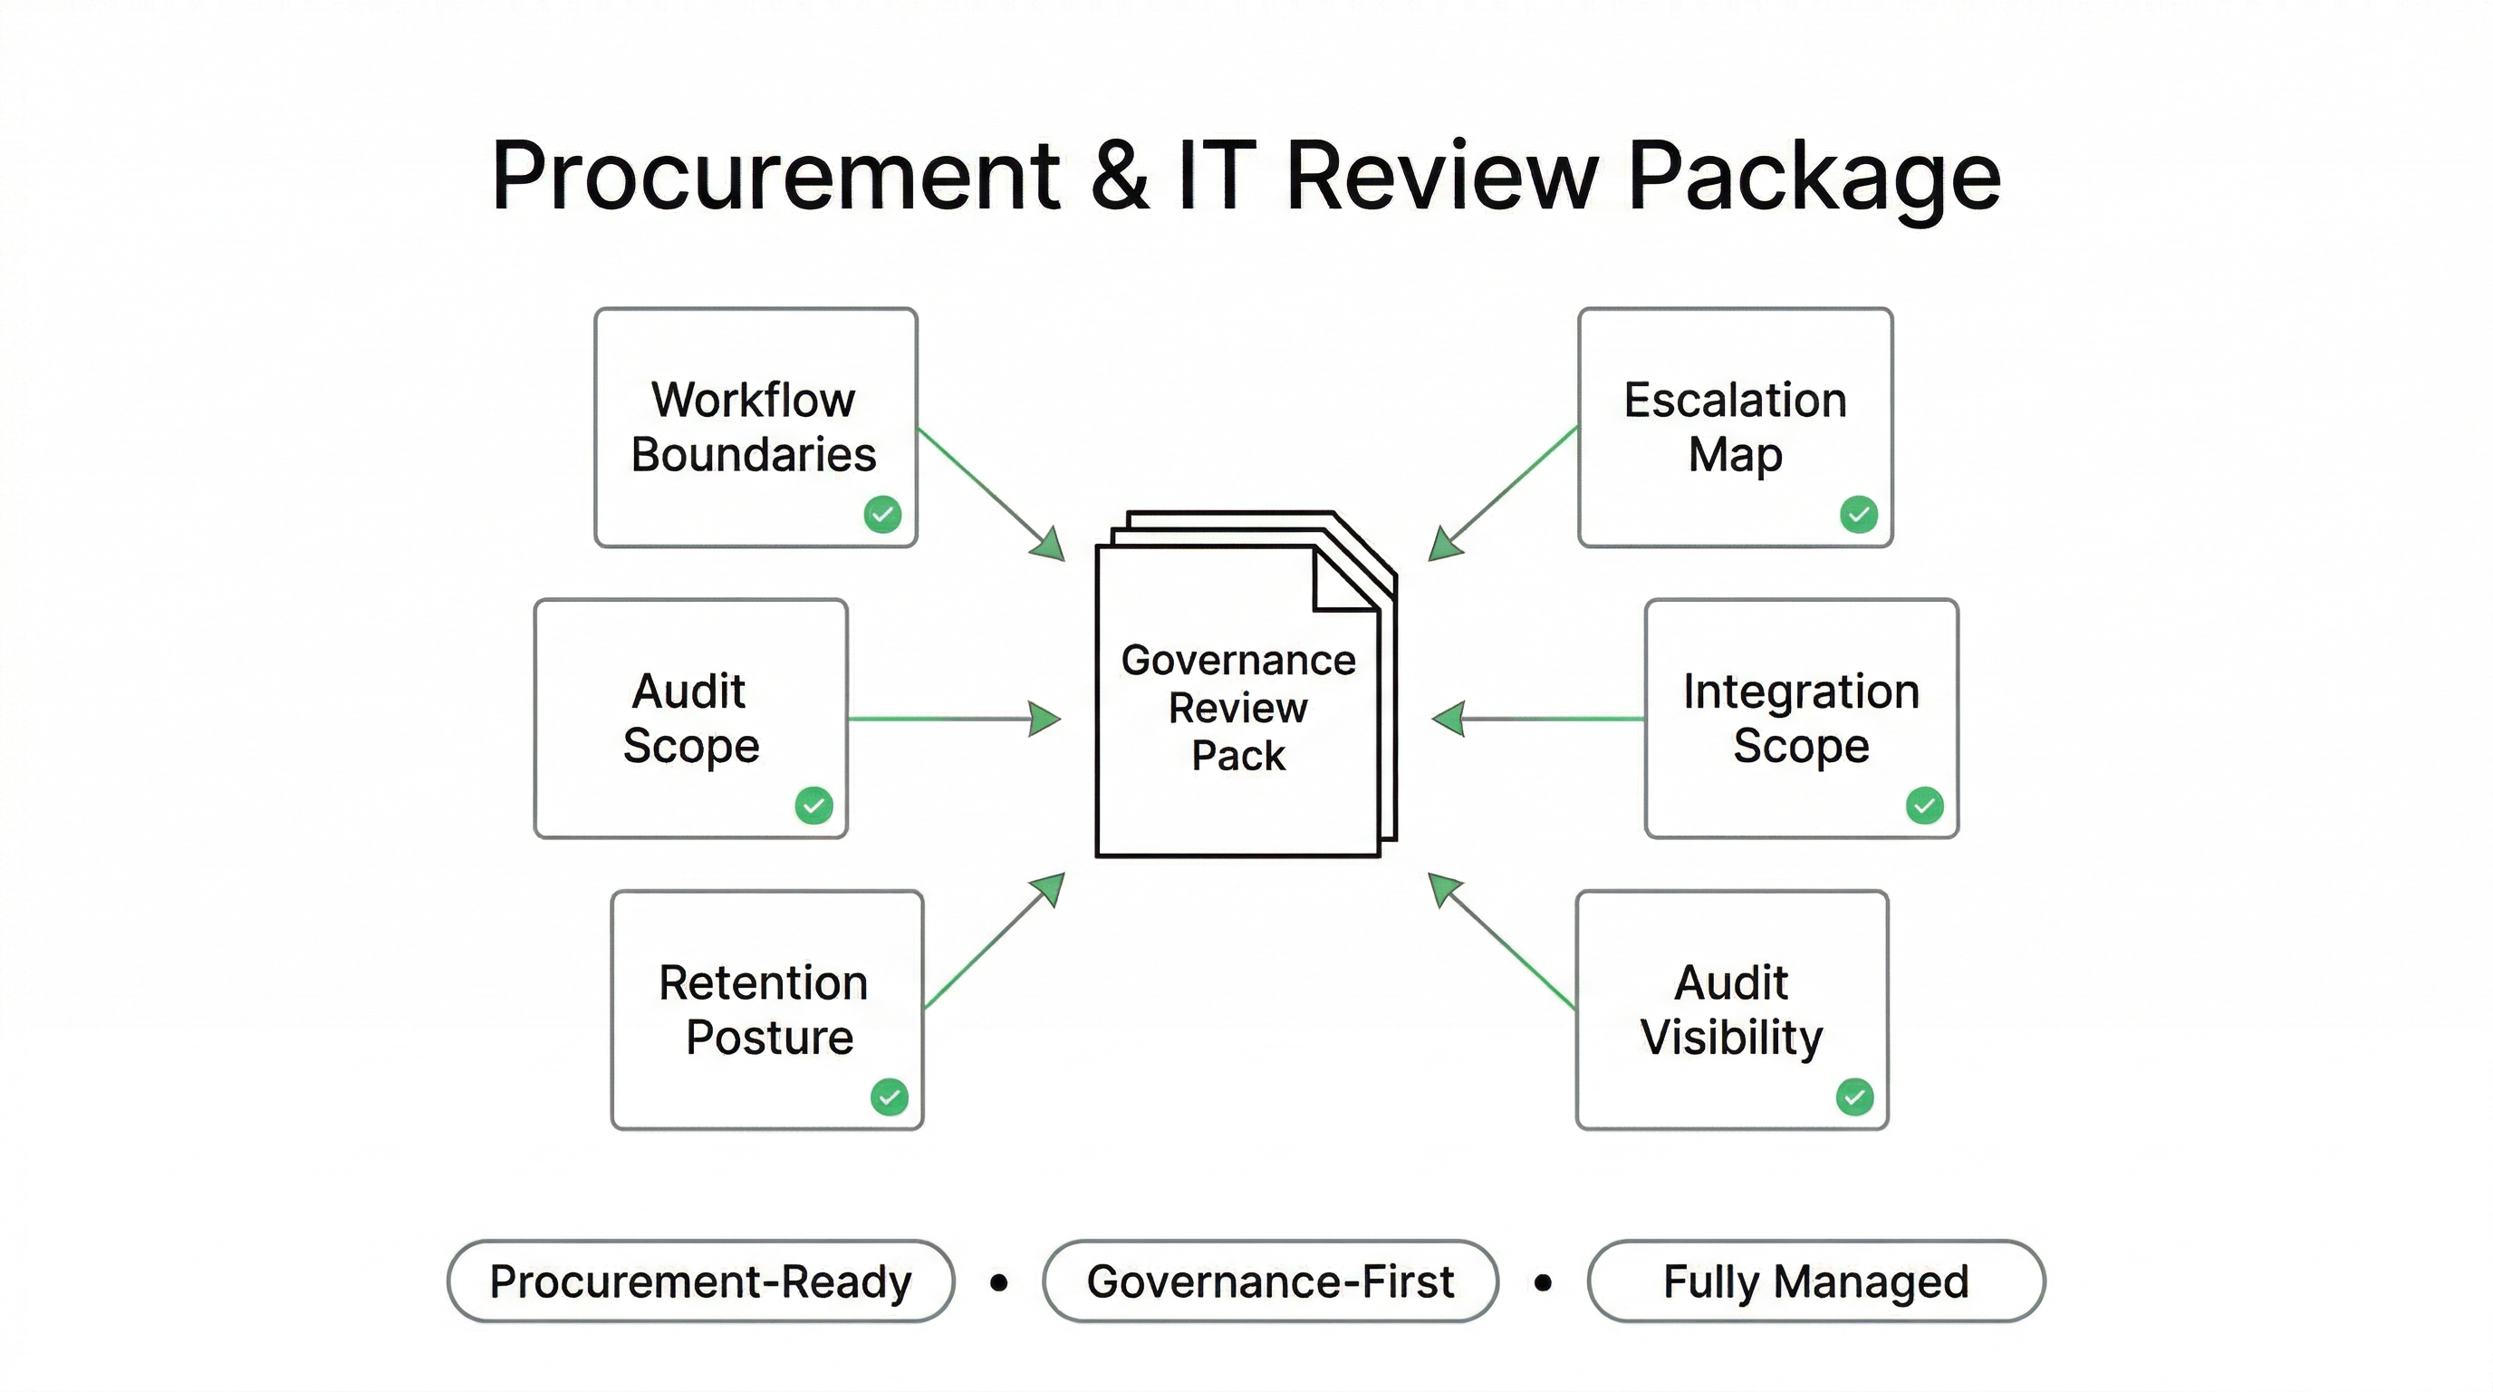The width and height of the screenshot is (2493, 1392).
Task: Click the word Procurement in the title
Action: click(775, 176)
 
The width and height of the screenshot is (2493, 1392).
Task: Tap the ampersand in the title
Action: click(1120, 176)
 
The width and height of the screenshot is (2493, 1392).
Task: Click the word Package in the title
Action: click(1814, 176)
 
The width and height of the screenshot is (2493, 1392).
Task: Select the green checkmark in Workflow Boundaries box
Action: click(882, 514)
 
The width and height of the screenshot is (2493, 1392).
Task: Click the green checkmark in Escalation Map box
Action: click(1858, 514)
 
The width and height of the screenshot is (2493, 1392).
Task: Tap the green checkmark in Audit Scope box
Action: click(813, 806)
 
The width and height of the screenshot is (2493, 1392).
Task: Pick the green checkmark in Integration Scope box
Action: click(1924, 806)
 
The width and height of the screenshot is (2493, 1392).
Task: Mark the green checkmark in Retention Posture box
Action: click(890, 1097)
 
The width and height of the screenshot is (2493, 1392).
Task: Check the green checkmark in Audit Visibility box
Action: click(1854, 1097)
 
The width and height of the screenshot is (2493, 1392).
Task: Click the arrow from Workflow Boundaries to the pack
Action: click(992, 494)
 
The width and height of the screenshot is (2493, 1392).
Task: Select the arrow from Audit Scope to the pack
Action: click(953, 720)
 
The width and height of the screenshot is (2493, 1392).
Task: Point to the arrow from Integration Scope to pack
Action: click(1539, 720)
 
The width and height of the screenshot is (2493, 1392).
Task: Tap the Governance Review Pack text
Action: click(1237, 708)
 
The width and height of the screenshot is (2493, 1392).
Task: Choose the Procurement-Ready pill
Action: click(700, 1281)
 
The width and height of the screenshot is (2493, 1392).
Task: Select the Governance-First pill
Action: click(1270, 1281)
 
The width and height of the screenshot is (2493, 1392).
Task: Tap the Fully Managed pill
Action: click(1815, 1281)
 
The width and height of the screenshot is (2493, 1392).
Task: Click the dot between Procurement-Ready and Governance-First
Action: click(1000, 1282)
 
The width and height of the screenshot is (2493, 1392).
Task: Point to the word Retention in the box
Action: click(763, 982)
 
